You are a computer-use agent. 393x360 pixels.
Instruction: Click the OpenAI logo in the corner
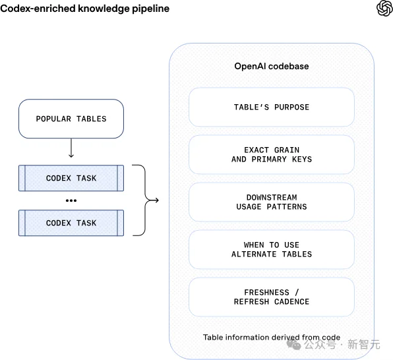point(384,9)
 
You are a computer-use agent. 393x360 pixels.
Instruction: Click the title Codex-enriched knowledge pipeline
point(84,9)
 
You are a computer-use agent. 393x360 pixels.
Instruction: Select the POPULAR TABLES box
point(71,119)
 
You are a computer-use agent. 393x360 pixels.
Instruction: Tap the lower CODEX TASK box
point(71,223)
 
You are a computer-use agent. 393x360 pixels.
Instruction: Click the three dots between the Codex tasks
point(71,200)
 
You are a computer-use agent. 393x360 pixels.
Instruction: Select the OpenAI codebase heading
point(272,67)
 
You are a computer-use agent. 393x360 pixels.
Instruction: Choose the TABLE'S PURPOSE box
point(272,107)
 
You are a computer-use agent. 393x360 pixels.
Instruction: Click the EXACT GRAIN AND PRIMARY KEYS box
point(272,154)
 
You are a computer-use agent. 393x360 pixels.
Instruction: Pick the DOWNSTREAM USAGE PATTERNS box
point(272,202)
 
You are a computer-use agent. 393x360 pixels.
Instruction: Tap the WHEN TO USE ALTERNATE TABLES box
point(272,249)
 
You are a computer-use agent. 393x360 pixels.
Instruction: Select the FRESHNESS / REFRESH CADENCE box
point(272,297)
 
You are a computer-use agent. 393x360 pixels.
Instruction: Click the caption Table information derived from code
point(272,338)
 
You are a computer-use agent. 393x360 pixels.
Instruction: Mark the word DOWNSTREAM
point(272,197)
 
